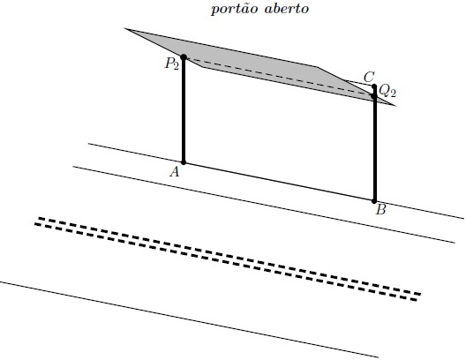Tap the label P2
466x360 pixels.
pyautogui.click(x=172, y=64)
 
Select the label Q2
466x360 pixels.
pyautogui.click(x=387, y=91)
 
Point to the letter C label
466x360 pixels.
pyautogui.click(x=369, y=78)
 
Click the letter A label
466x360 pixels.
pyautogui.click(x=175, y=172)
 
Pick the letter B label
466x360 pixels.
pyautogui.click(x=380, y=210)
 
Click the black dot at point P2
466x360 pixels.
pyautogui.click(x=184, y=57)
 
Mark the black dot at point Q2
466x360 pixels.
pyautogui.click(x=374, y=96)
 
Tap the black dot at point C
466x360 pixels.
pyautogui.click(x=374, y=86)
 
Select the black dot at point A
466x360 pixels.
pyautogui.click(x=184, y=162)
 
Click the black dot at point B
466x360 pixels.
pyautogui.click(x=374, y=201)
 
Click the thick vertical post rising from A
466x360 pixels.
pyautogui.click(x=184, y=109)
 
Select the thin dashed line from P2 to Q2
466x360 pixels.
pyautogui.click(x=279, y=77)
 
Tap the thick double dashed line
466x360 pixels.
pyautogui.click(x=228, y=259)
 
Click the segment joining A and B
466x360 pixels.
pyautogui.click(x=279, y=182)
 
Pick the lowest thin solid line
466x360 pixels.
pyautogui.click(x=189, y=319)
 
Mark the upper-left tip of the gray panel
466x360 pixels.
pyautogui.click(x=124, y=28)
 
